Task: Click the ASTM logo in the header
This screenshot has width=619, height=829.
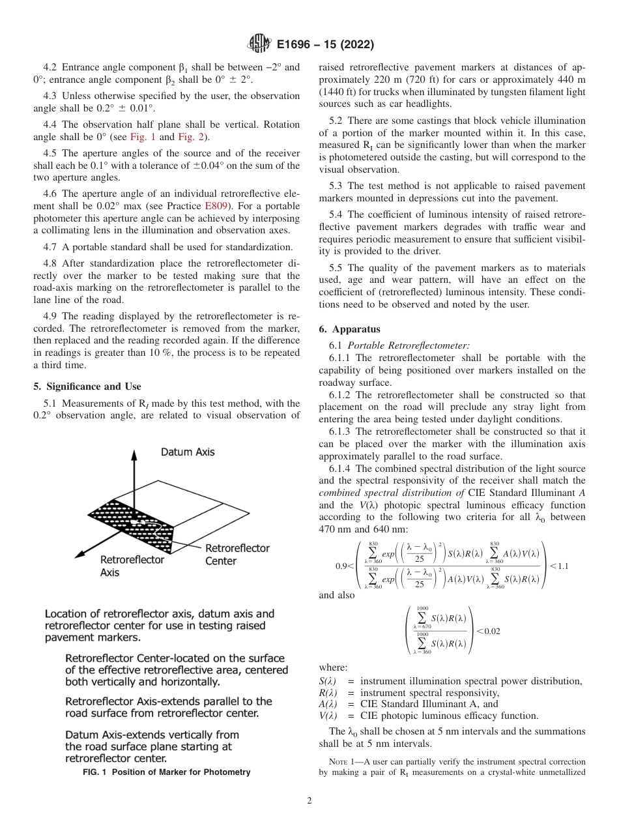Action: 259,45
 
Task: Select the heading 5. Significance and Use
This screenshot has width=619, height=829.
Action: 87,386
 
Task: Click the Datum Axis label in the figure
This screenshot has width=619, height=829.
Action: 187,452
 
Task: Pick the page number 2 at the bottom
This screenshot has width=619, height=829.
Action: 309,801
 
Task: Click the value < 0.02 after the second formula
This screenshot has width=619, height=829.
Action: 488,631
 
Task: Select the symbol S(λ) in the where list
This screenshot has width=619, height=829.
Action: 328,681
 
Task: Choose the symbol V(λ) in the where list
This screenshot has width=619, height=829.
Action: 328,715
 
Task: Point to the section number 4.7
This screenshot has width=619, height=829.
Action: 50,246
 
